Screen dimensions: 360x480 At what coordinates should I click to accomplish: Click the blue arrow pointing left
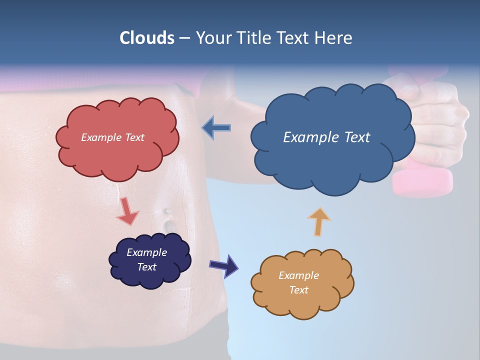coord(216,128)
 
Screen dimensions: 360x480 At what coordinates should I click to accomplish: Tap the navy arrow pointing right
coord(223,265)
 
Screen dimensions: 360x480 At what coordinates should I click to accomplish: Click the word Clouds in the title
coord(147,38)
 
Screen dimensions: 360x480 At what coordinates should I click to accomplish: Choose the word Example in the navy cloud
coord(146,252)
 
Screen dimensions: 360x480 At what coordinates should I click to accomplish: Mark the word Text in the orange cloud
coord(298,290)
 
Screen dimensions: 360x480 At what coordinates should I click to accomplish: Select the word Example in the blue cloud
coord(311,137)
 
